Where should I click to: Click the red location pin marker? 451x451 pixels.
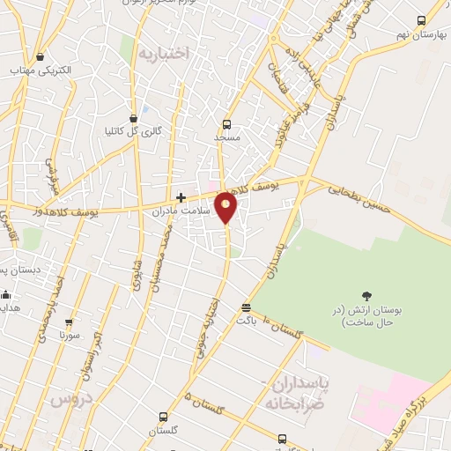coord(226,208)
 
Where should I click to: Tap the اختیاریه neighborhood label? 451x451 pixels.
coord(163,53)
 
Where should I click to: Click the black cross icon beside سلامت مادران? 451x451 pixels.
coord(181,197)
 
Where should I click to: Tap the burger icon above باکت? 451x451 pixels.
coord(245,307)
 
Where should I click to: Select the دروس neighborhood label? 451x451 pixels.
coord(71,399)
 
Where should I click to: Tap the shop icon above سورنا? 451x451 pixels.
coord(70,322)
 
